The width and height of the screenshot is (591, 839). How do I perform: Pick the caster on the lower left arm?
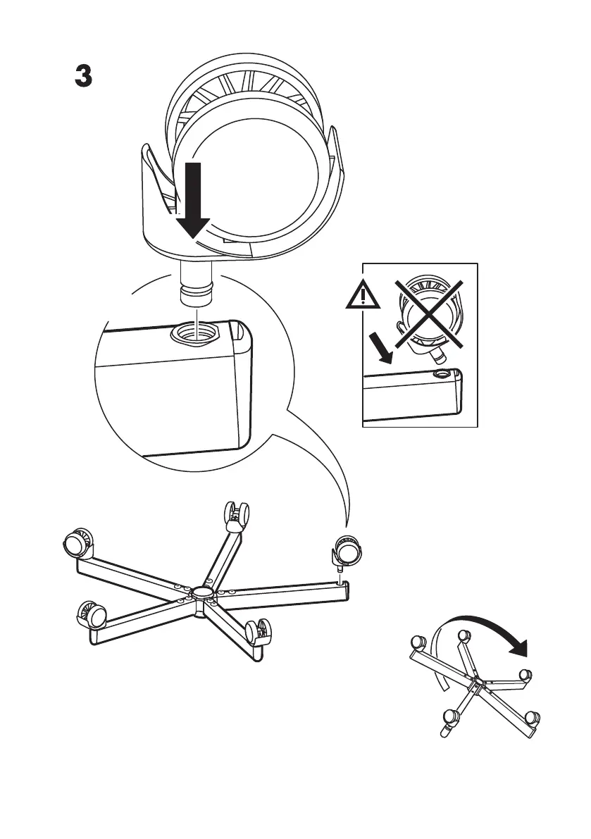point(90,614)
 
